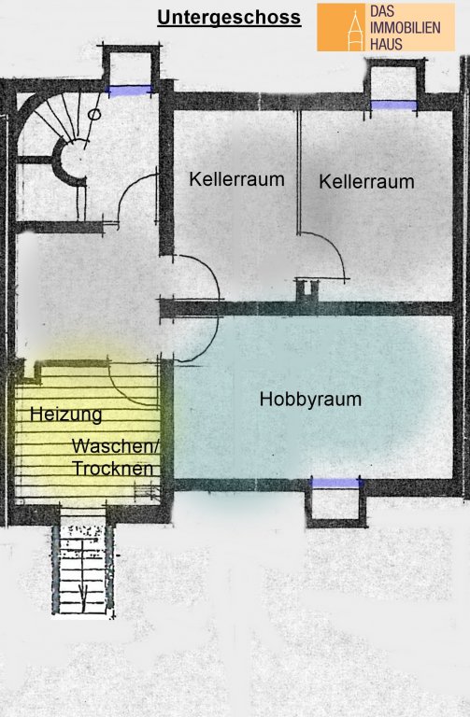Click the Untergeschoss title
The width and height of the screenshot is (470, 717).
tap(229, 19)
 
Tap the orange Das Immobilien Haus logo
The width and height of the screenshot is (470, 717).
tap(386, 27)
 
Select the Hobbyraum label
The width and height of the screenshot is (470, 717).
tap(310, 400)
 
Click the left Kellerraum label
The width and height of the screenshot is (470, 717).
tap(236, 179)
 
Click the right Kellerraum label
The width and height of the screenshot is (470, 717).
tap(366, 181)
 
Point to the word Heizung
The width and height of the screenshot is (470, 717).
tap(66, 415)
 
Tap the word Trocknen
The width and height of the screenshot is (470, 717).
tap(112, 469)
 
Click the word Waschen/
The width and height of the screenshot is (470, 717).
tap(115, 446)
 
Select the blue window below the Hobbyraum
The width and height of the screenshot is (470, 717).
tap(335, 483)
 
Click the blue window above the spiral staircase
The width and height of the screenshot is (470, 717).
tap(130, 91)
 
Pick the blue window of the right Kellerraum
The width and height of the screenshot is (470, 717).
tap(393, 105)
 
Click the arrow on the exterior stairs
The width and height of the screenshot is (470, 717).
tap(82, 593)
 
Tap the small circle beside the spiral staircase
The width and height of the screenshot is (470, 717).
tap(93, 114)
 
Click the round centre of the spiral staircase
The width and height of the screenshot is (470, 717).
tap(72, 160)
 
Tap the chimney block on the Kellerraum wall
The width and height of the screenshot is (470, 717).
tap(307, 291)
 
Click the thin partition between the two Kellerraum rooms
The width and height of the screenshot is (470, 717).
tap(299, 173)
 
